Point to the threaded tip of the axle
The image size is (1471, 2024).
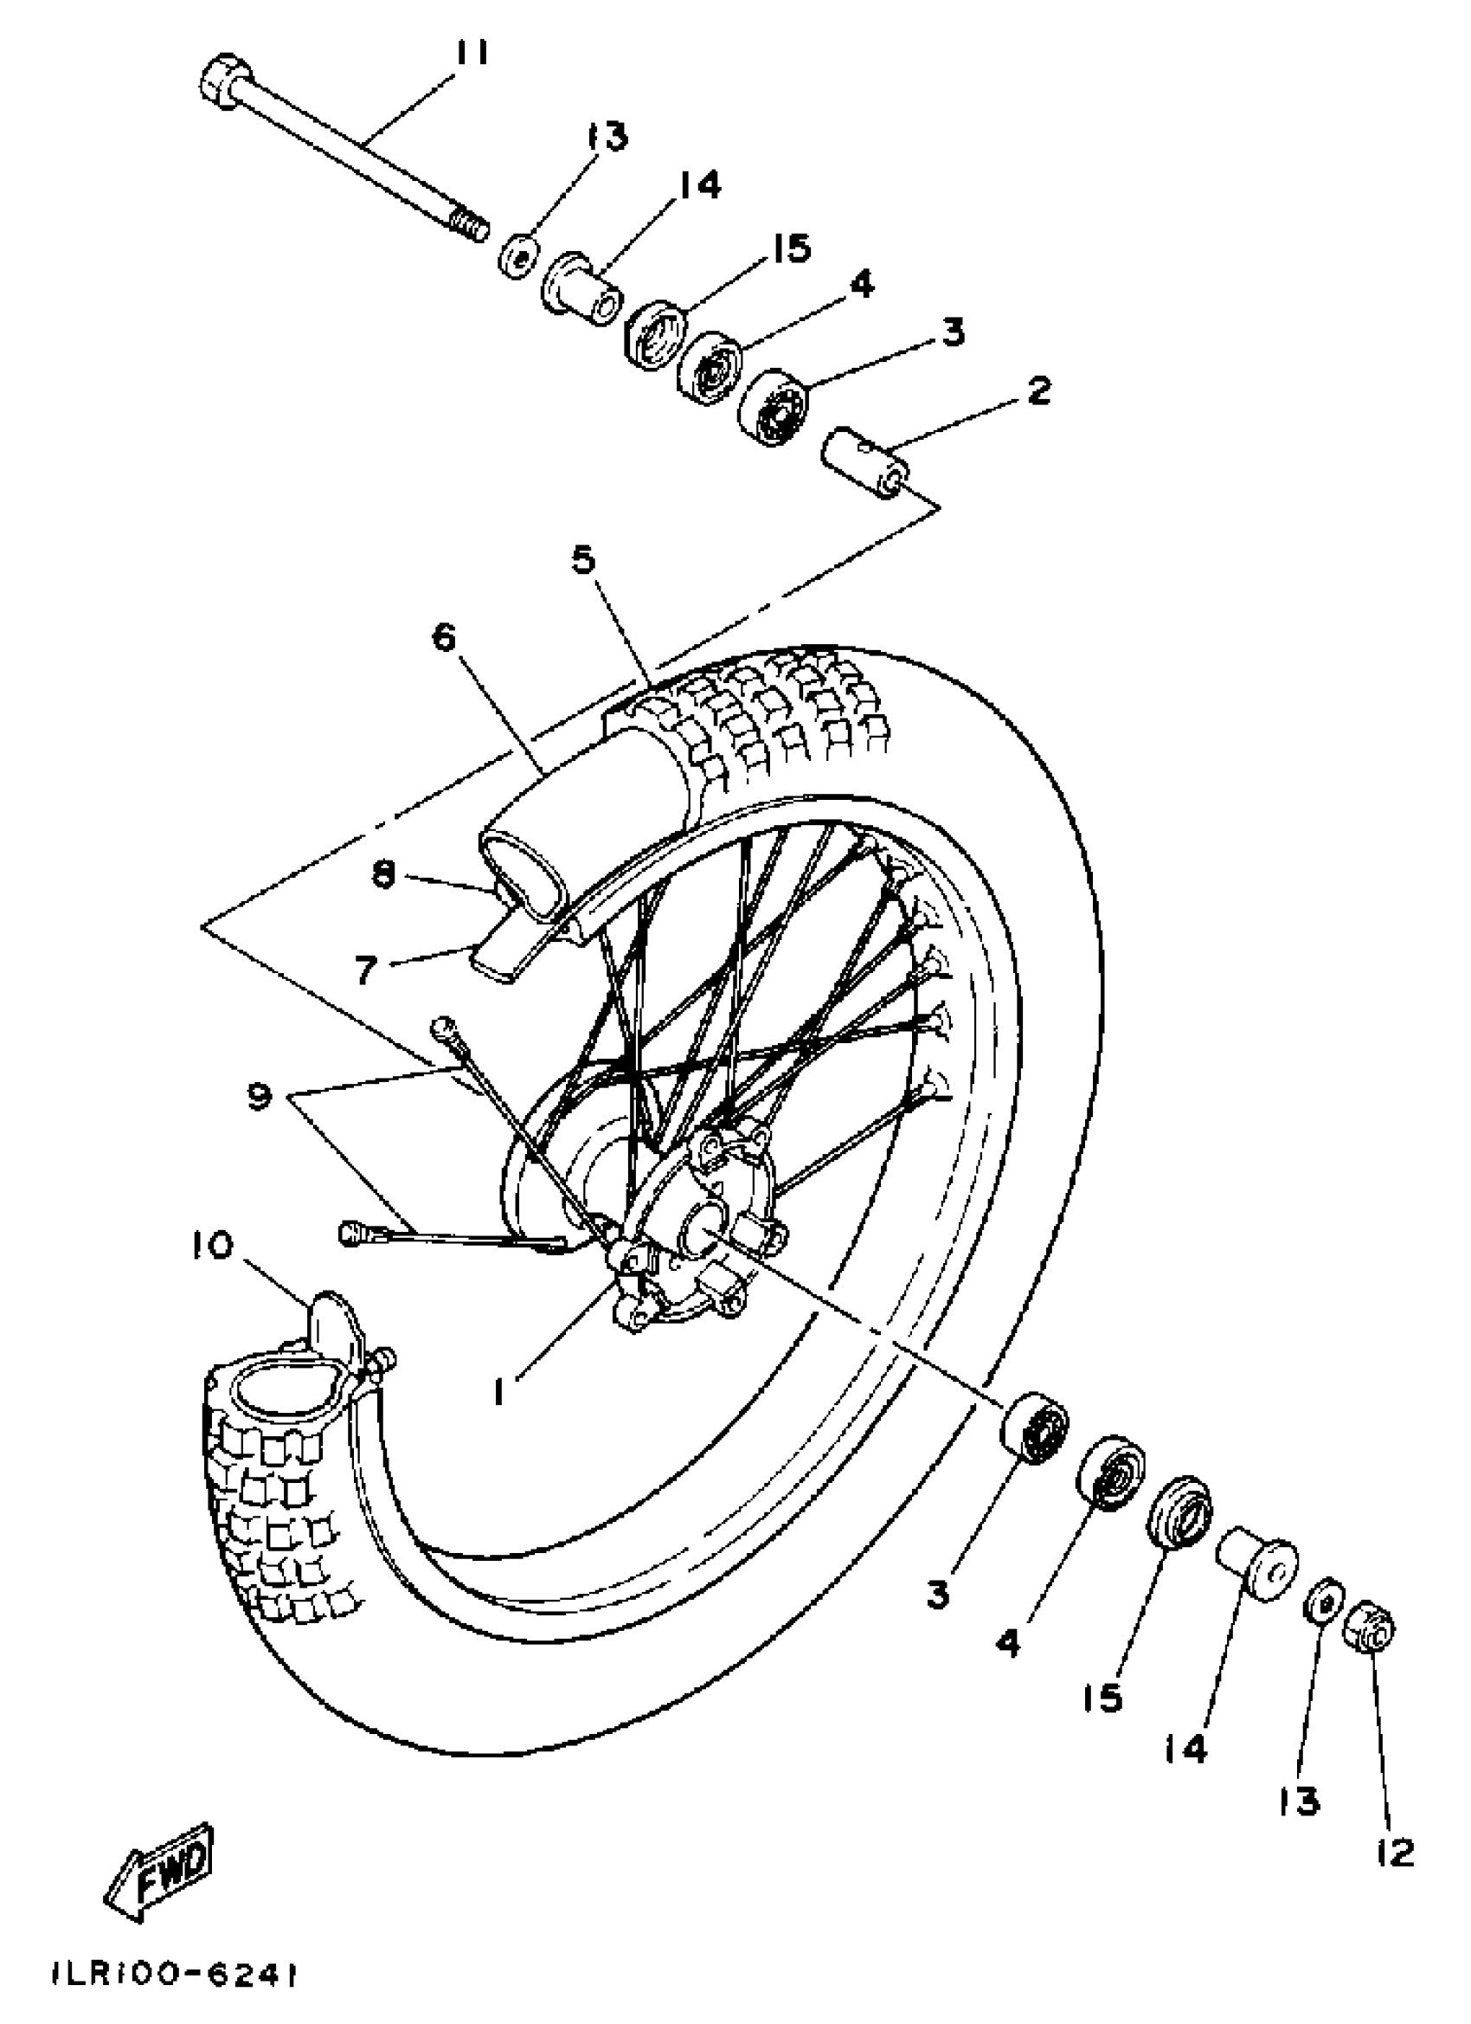point(469,223)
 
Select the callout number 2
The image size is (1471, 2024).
point(1038,391)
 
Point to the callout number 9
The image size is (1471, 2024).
point(259,1098)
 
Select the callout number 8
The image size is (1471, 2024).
point(383,875)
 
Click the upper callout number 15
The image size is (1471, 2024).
point(787,248)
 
